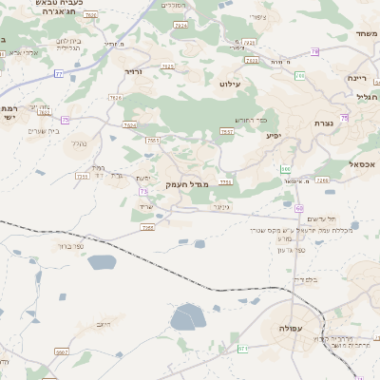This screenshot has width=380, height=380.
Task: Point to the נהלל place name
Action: point(81,142)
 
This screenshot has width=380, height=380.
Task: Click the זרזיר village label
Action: point(132,70)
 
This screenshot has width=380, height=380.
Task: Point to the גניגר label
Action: point(221,206)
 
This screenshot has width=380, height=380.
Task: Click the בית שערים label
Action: point(46,130)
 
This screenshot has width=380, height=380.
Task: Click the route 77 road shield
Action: point(59,73)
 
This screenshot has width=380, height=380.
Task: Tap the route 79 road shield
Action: point(313,51)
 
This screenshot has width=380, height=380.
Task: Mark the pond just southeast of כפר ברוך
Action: point(103,261)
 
